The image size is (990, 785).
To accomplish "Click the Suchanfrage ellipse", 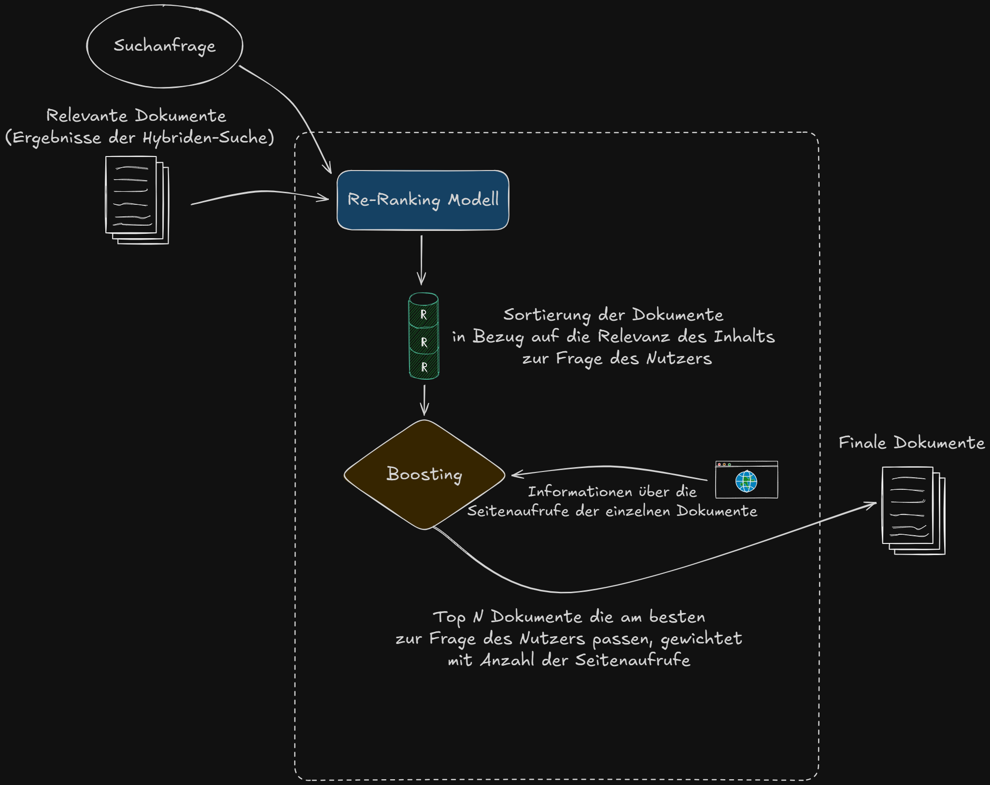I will point(164,46).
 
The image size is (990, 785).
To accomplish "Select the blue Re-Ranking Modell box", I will point(423,200).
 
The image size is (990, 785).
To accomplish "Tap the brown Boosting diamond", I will point(424,474).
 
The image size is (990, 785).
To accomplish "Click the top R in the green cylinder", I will point(424,314).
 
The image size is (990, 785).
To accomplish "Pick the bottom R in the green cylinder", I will point(424,367).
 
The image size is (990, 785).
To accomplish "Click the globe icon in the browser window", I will point(746,481).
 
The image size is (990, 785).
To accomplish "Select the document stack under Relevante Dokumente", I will point(137,200).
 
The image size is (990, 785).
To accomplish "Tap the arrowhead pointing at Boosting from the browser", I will point(515,474).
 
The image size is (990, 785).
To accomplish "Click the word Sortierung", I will point(547,315).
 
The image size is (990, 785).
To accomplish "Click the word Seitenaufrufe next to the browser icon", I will point(518,511).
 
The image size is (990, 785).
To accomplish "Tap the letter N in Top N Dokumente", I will point(478,617).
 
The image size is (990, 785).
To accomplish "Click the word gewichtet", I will point(701,639).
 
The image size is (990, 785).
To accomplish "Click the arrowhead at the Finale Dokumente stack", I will point(873,504).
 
